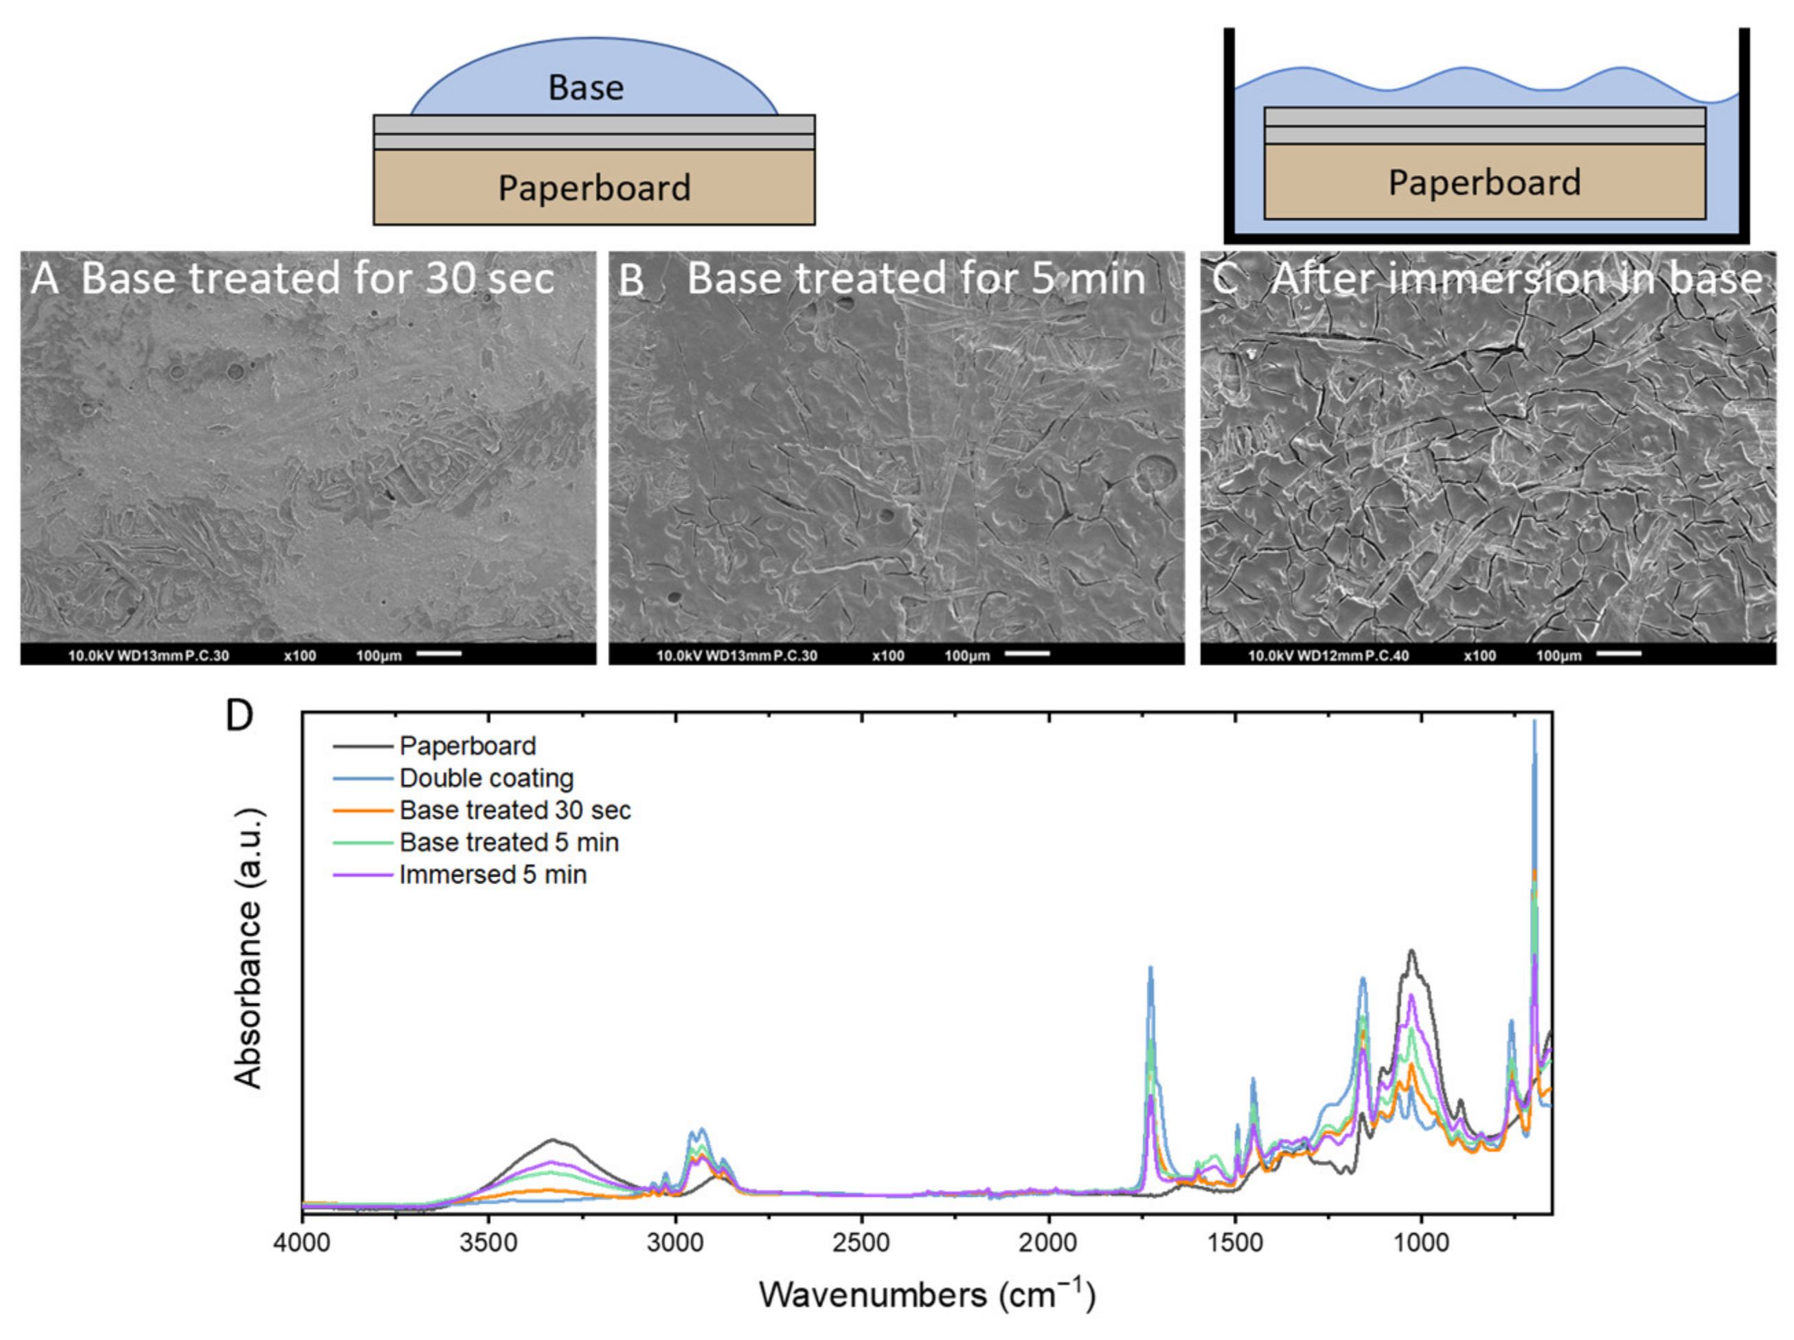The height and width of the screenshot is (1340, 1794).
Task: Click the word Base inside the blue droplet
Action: click(x=586, y=88)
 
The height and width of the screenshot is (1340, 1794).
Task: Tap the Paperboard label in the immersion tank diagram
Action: click(x=1484, y=183)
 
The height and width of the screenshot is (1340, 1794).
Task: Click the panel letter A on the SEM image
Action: click(x=45, y=279)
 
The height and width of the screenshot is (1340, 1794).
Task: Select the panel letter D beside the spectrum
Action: click(x=239, y=715)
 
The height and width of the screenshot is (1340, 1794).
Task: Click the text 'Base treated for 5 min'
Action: click(x=916, y=279)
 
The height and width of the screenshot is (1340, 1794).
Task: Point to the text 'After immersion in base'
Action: click(x=1516, y=279)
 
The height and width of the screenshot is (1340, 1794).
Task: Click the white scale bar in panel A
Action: click(x=439, y=654)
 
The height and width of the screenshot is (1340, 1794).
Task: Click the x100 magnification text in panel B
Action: click(x=888, y=655)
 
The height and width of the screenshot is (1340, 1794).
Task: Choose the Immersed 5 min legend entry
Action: click(x=492, y=875)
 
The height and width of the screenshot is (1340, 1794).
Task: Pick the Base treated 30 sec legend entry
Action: click(x=514, y=811)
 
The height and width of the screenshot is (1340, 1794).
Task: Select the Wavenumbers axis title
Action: click(x=927, y=1295)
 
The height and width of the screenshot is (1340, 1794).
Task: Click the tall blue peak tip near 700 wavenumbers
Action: click(x=1534, y=722)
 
